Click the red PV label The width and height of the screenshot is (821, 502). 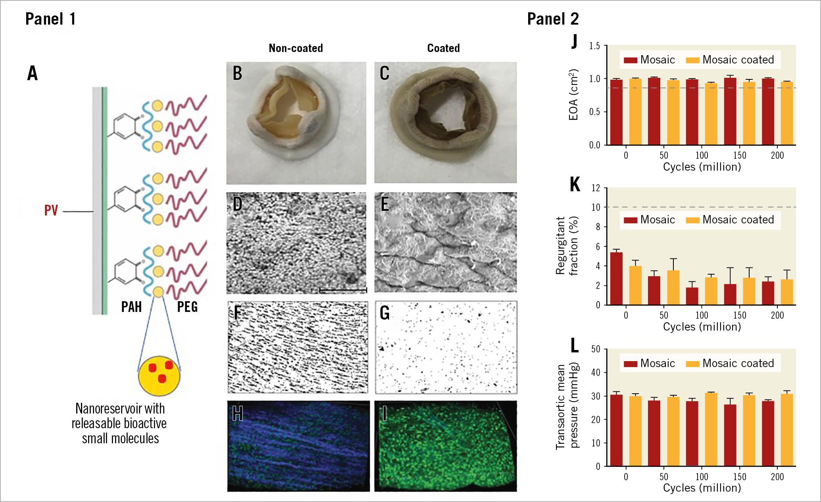point(51,210)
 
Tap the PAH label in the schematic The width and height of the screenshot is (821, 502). point(131,307)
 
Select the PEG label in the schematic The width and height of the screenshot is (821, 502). point(187,307)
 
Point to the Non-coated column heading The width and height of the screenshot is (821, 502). point(296,48)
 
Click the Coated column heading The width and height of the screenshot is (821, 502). point(443,48)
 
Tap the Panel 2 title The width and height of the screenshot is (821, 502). point(553,19)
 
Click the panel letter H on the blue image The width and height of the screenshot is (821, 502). point(237,414)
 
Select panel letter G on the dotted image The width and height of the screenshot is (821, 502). point(385,313)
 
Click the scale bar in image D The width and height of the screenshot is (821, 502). point(343,290)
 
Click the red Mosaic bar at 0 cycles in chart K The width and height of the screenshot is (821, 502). point(616,279)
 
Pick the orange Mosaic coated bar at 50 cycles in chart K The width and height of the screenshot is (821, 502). point(673,288)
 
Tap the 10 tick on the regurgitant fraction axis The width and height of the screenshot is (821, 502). point(596,207)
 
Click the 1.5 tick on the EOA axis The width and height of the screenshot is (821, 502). point(594,46)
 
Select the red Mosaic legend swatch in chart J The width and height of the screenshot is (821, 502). point(631,60)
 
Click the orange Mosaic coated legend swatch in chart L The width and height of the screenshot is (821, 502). point(692,364)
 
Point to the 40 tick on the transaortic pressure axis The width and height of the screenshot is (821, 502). point(596,373)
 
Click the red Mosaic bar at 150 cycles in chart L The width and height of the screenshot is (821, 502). point(730,435)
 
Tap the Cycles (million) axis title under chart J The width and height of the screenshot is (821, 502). point(702,167)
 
